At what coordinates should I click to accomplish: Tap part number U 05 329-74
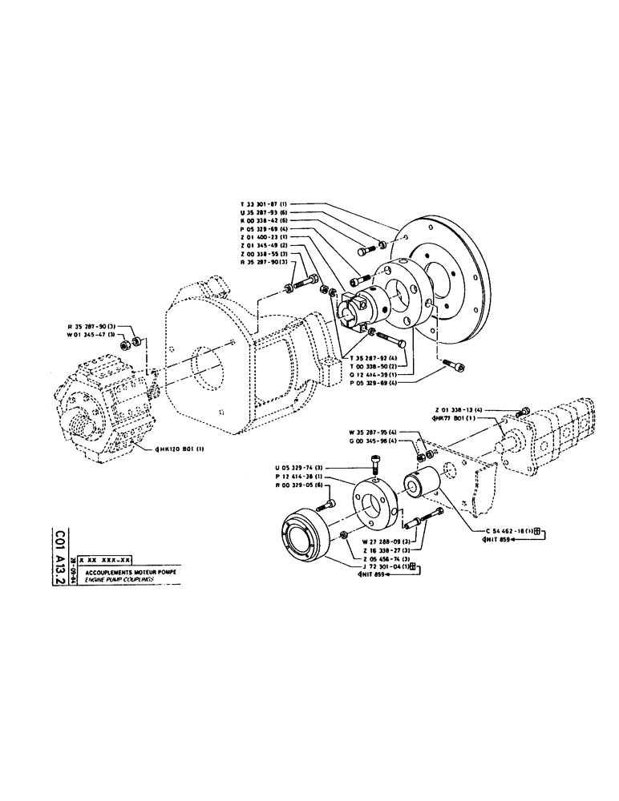click(299, 466)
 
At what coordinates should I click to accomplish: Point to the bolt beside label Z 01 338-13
click(525, 413)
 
